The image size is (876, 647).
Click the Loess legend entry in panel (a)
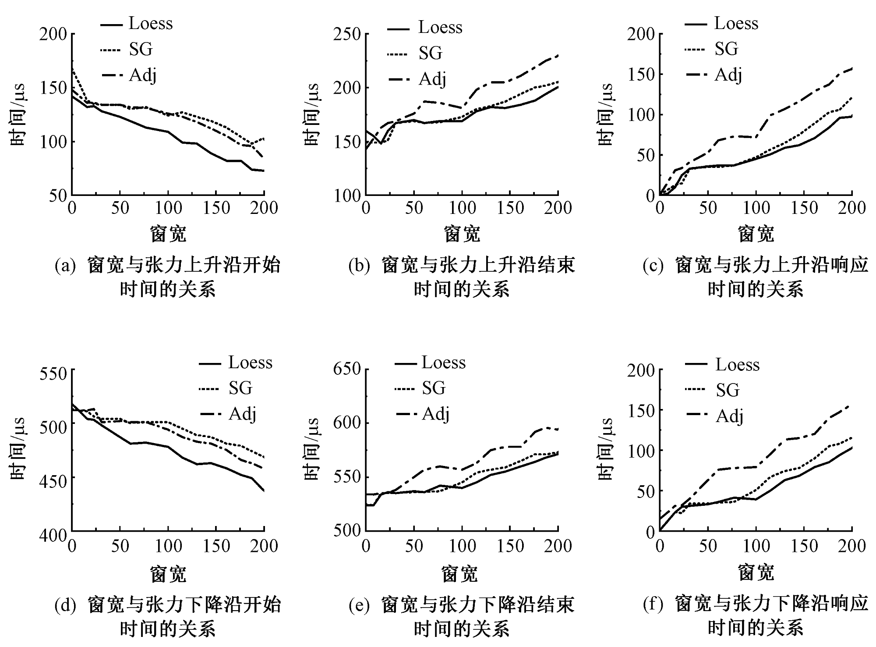point(150,24)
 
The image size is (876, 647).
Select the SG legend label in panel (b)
point(430,53)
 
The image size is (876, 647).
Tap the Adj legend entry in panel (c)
point(728,75)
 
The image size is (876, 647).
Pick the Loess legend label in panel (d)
point(250,363)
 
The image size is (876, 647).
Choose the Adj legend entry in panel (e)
point(436,414)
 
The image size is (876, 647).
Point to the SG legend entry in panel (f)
point(727,390)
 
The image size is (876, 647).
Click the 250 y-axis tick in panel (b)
point(346,35)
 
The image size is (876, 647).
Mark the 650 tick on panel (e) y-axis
point(346,370)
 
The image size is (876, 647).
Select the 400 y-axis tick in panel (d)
point(52,535)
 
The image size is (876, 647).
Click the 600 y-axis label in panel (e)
point(346,423)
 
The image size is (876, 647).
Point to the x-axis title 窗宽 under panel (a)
point(168,234)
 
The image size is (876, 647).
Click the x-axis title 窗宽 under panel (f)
point(756,572)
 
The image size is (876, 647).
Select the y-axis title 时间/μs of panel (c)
point(606,114)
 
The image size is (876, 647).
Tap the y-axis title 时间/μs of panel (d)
point(18,449)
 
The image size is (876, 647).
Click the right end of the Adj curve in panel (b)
point(558,56)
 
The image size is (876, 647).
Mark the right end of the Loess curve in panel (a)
point(264,171)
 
